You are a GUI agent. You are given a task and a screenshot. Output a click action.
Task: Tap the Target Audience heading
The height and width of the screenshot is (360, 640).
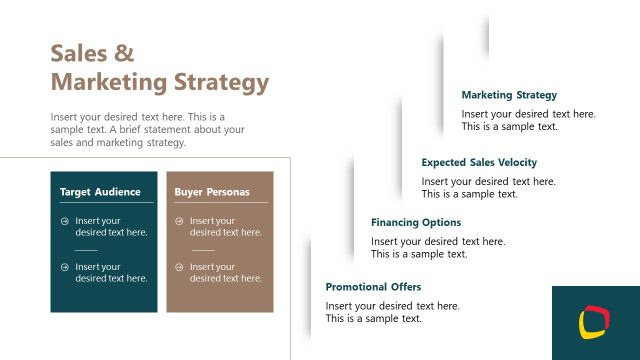100,191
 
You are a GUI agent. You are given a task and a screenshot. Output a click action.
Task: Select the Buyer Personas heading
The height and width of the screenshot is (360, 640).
212,191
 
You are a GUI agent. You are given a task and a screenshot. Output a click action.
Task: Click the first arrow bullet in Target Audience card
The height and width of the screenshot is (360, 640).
65,221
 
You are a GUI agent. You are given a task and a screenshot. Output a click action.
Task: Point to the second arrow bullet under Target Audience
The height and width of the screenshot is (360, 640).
65,267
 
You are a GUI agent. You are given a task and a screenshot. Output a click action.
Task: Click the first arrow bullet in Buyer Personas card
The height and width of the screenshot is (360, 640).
180,221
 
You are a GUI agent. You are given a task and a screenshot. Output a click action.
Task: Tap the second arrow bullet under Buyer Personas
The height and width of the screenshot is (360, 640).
180,267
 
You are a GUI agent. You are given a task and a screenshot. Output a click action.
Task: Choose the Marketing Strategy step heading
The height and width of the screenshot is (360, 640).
509,95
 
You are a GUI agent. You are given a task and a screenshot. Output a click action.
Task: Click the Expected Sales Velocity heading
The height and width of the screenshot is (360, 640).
479,162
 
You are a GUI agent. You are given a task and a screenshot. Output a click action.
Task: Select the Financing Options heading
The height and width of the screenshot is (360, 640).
416,222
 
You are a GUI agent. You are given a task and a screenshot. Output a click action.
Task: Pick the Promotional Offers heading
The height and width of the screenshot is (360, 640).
373,287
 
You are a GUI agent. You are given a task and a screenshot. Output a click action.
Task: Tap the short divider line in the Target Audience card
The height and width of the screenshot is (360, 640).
86,250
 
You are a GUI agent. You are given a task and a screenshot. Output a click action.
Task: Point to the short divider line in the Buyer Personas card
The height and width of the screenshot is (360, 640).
203,250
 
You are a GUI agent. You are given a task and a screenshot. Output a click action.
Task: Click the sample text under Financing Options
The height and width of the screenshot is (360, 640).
438,247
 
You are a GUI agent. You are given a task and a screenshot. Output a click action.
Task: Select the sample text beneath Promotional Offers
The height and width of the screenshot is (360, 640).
392,312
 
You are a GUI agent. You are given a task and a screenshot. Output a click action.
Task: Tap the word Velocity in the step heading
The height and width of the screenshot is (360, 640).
515,162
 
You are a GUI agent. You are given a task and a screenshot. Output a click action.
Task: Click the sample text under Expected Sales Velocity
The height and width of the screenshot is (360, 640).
488,187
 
